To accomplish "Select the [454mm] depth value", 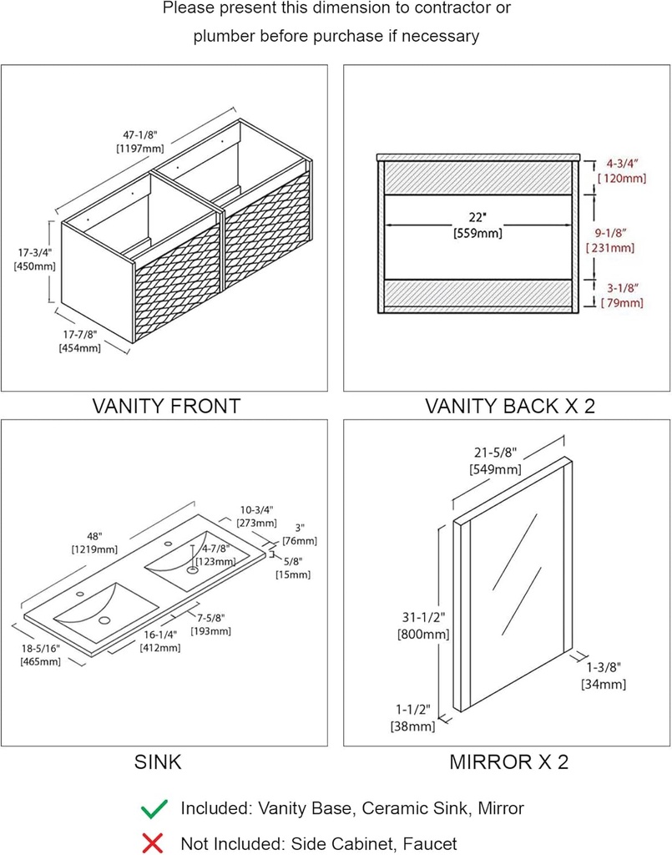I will click(79, 348).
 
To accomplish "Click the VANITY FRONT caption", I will click(166, 407).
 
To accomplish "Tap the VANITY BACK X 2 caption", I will click(509, 407).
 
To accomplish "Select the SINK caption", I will click(157, 761).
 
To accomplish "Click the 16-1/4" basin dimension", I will click(160, 635).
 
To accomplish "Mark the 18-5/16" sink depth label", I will click(40, 648).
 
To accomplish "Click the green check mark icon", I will click(154, 808).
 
